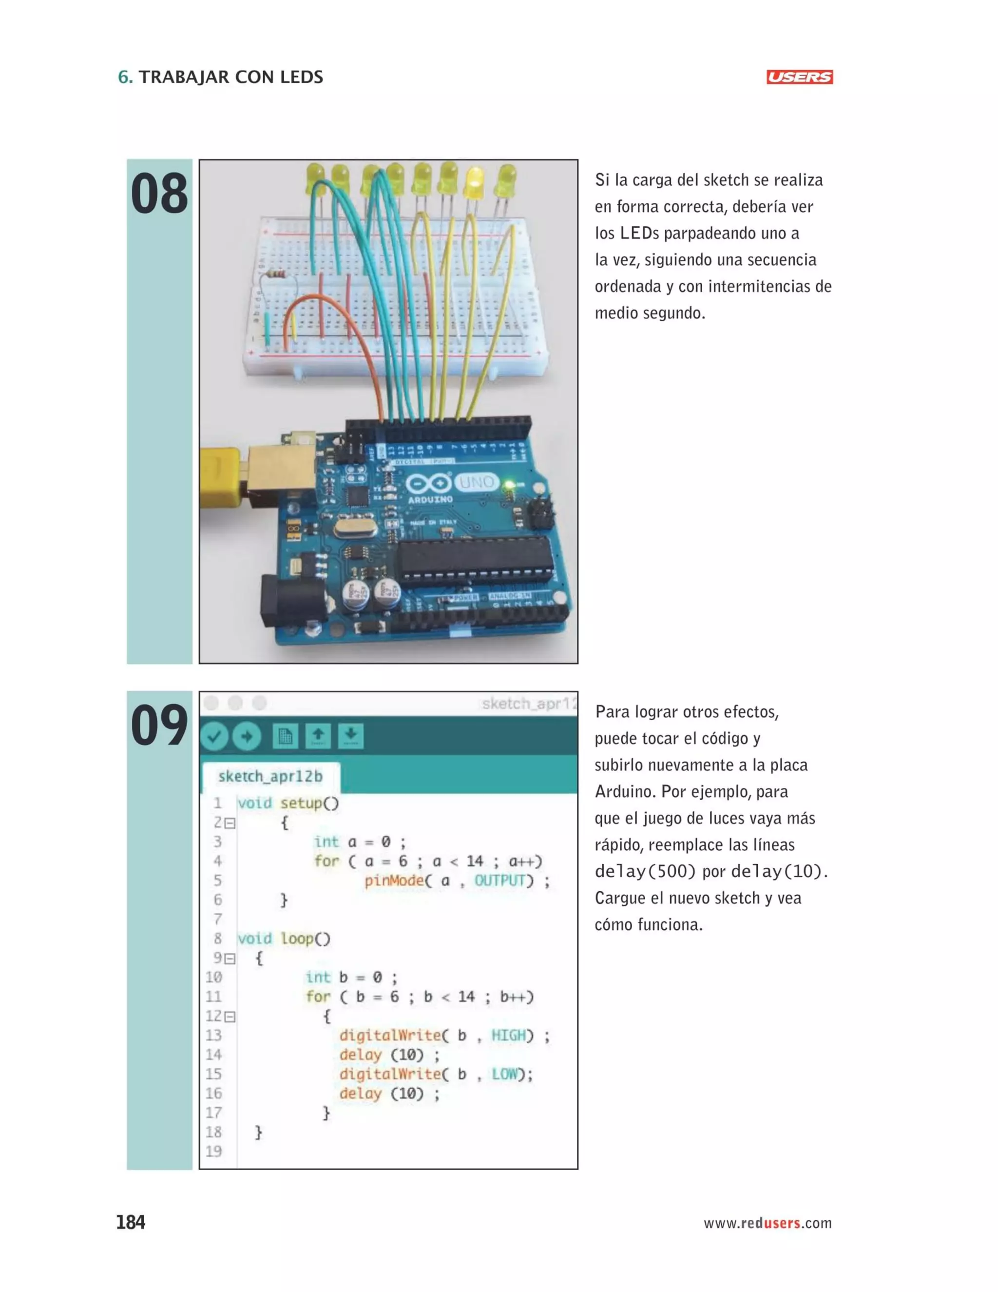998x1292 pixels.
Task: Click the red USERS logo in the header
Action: (799, 77)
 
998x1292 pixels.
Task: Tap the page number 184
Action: (131, 1222)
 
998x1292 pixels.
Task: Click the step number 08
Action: (159, 194)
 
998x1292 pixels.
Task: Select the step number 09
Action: (159, 725)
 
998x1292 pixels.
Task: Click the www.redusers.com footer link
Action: (768, 1223)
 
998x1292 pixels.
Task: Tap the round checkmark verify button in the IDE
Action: (214, 737)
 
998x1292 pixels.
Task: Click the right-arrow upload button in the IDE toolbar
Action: (247, 737)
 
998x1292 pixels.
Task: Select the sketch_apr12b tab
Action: (270, 777)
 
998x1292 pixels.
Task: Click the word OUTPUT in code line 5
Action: (499, 881)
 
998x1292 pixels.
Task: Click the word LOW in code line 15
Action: (504, 1074)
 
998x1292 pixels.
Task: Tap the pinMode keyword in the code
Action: (394, 881)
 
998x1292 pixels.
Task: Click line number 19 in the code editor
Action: (213, 1151)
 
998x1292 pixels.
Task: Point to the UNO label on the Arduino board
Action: (477, 482)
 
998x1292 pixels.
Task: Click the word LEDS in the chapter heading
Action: (302, 77)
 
